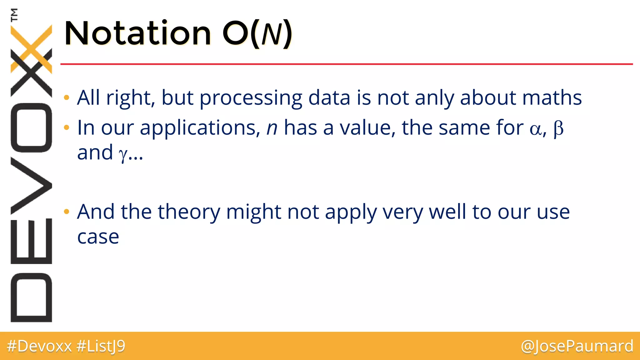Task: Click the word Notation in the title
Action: [137, 33]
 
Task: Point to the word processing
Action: [251, 98]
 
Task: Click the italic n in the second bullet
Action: [272, 128]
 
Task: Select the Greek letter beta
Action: [558, 128]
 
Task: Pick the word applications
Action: [200, 128]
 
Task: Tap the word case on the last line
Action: [98, 237]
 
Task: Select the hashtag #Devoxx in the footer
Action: [39, 346]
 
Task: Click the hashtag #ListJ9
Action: [101, 346]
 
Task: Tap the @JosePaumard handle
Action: [577, 346]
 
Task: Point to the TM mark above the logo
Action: [14, 15]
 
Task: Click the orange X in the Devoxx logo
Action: [31, 48]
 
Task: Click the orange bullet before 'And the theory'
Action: [66, 212]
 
